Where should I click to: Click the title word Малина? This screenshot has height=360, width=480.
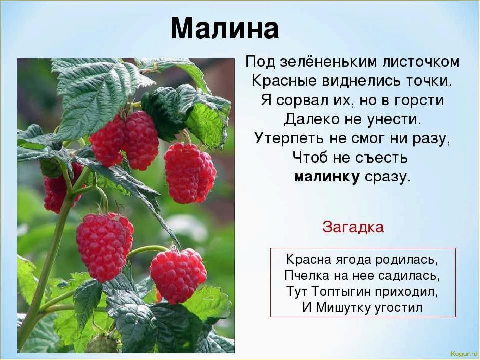(225, 28)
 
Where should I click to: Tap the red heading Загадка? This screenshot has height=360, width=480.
(353, 227)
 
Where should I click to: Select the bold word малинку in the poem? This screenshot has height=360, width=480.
(327, 177)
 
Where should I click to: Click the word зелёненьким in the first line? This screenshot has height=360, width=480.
(330, 62)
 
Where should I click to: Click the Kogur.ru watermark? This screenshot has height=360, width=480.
(464, 354)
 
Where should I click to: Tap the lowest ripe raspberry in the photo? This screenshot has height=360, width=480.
(178, 275)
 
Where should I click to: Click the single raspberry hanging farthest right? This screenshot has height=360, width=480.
(190, 173)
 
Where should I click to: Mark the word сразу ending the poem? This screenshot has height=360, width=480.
(387, 178)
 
